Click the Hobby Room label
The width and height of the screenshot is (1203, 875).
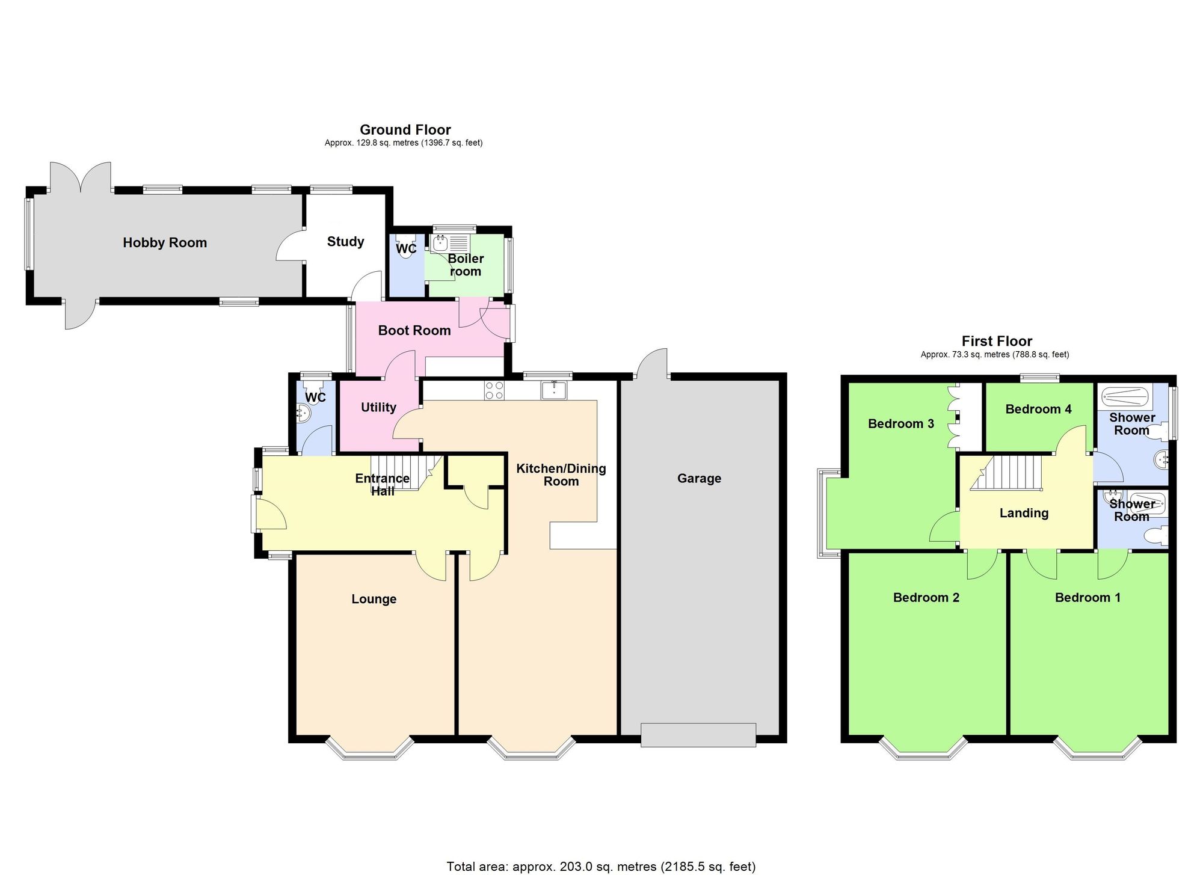pos(165,242)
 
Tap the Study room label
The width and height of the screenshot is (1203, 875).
pos(345,241)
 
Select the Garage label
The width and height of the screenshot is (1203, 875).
pos(699,478)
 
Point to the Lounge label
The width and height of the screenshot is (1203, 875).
pos(374,599)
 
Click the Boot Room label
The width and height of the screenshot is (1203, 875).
pos(414,330)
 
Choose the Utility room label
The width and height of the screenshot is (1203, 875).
pos(378,407)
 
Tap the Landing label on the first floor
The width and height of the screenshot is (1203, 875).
pos(1024,513)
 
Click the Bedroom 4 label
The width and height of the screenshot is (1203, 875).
pos(1038,409)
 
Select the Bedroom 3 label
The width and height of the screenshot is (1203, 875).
pos(900,423)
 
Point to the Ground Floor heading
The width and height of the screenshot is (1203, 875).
pos(405,129)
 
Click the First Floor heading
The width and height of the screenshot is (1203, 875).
pos(997,341)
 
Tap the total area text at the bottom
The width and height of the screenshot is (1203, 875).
pos(600,867)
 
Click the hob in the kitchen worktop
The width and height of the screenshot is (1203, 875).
pos(494,390)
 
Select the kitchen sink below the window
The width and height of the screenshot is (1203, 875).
pos(553,390)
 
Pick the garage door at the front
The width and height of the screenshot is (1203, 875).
pos(698,735)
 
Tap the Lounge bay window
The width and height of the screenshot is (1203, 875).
pos(370,749)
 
